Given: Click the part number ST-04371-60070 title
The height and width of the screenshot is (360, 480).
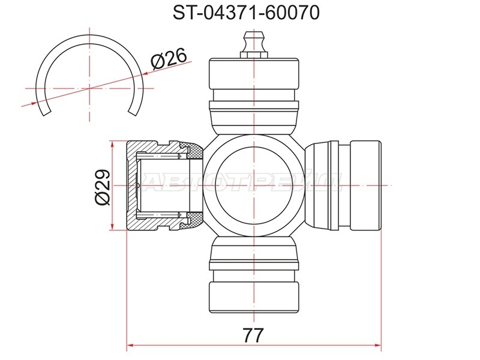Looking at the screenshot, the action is pos(246,13).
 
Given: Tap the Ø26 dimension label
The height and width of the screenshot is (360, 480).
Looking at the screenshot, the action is pos(169,58).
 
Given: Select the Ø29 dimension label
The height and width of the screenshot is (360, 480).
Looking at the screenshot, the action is pos(102,187).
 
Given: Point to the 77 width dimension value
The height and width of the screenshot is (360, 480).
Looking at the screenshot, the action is pos(253,335).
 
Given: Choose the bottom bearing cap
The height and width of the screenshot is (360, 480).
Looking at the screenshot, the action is pos(254,298).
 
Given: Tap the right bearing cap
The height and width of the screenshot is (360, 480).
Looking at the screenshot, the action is pos(366,185).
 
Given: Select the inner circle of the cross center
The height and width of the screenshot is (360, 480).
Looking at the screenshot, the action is pos(254,185).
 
